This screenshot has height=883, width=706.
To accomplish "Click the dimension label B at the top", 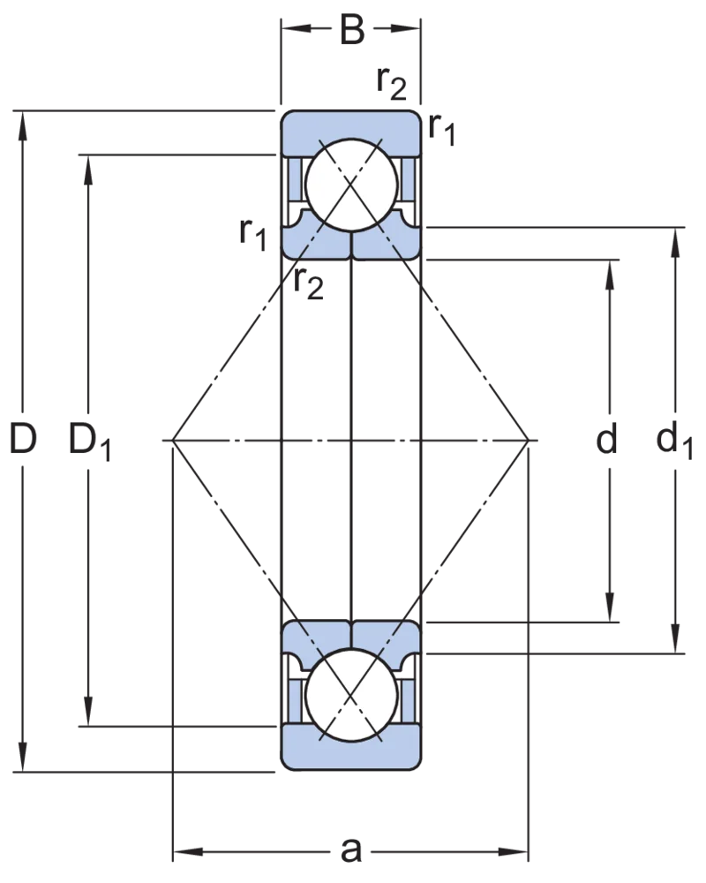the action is [x=352, y=30].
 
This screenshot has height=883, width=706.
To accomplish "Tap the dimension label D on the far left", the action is [x=23, y=439].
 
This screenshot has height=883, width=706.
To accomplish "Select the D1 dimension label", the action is [x=90, y=442].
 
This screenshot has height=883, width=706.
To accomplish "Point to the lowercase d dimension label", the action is [x=607, y=439].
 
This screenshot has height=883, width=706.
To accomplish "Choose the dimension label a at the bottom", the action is [x=350, y=849].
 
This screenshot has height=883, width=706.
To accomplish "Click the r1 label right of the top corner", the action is [x=441, y=129].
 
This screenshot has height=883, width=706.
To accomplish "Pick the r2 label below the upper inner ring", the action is [x=309, y=283].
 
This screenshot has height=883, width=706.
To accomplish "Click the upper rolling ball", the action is [x=351, y=185].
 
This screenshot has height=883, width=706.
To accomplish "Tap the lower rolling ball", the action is [x=351, y=695].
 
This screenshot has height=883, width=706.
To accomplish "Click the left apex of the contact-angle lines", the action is [x=173, y=439].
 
